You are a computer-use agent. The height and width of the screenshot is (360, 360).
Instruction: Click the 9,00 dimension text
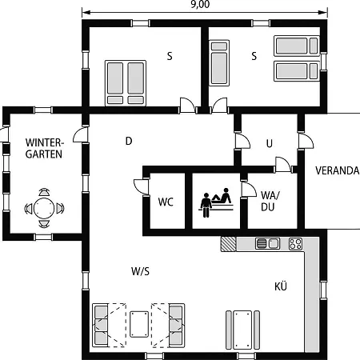(200, 5)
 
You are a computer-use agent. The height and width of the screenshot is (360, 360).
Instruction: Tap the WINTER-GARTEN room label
(44, 148)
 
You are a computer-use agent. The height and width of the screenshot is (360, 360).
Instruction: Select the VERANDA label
(338, 170)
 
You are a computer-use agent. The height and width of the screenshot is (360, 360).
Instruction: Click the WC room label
(166, 202)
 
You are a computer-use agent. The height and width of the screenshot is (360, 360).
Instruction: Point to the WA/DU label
(270, 201)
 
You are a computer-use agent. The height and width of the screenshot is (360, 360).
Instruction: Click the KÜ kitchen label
(281, 286)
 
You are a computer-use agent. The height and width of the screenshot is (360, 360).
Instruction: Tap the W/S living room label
(140, 271)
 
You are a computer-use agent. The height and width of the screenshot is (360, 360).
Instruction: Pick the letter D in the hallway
(129, 141)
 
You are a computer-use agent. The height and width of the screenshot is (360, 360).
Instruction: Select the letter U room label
(270, 144)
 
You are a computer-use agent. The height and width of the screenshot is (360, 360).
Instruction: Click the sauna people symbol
(217, 202)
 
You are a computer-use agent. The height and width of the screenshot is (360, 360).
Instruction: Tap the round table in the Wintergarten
(44, 208)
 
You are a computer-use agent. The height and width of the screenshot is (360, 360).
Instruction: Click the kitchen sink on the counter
(267, 243)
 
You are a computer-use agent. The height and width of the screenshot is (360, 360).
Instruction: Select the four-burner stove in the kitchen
(295, 244)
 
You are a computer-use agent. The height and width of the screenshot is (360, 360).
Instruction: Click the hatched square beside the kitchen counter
(228, 244)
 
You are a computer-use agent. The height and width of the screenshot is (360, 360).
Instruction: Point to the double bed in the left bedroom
(126, 83)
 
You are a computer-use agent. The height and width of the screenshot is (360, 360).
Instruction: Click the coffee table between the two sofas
(139, 324)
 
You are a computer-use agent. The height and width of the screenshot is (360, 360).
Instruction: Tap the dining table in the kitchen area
(242, 330)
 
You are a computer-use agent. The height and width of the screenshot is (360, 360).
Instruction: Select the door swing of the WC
(141, 187)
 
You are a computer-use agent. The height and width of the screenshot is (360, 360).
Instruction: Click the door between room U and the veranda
(306, 141)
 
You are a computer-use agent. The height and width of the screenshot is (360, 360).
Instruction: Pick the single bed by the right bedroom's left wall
(219, 63)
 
